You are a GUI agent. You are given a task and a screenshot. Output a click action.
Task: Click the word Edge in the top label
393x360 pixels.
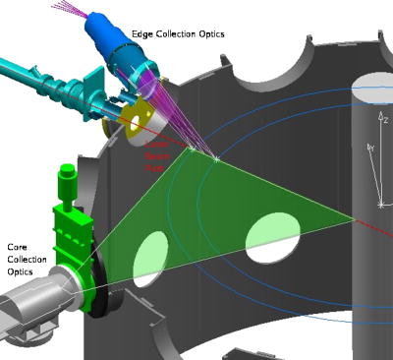pyautogui.click(x=144, y=34)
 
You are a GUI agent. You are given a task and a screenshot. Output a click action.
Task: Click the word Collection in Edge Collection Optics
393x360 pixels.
pyautogui.click(x=183, y=34)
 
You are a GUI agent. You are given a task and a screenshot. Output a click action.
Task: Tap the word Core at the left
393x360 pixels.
pyautogui.click(x=18, y=247)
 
